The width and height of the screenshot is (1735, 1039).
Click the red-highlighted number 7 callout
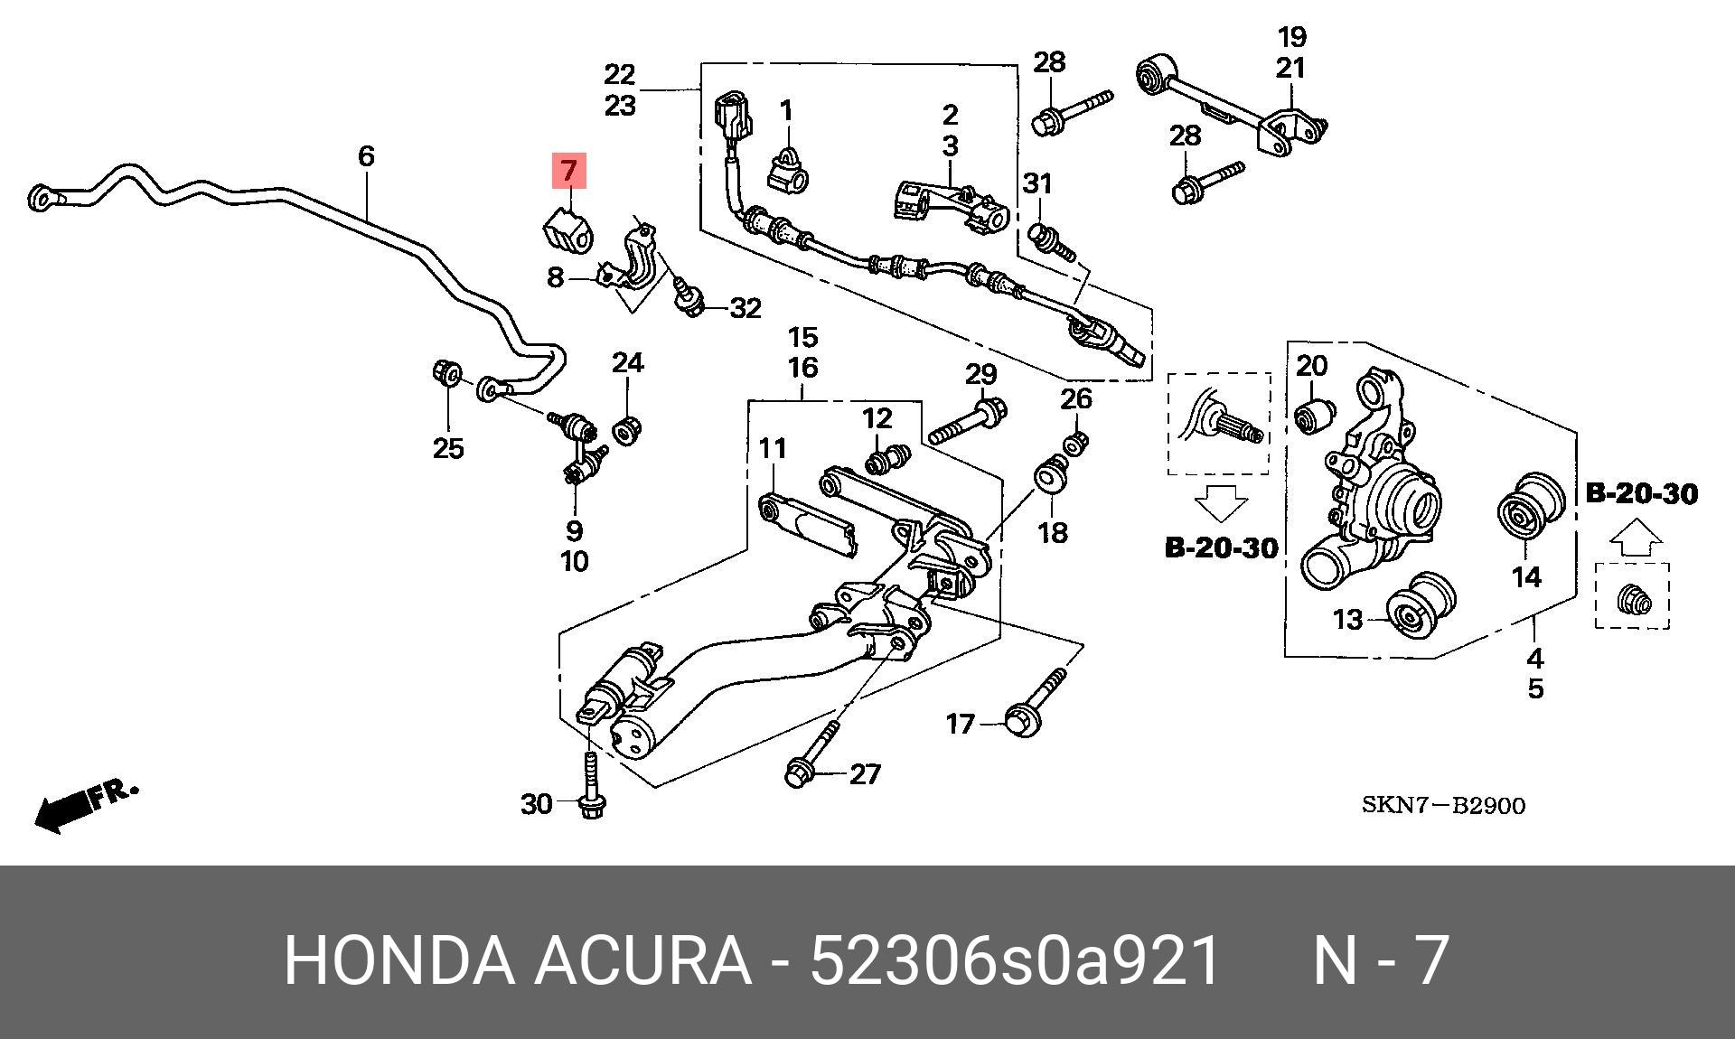coord(569,171)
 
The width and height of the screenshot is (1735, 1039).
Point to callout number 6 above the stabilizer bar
coord(365,156)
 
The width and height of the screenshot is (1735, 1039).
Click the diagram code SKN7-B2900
coord(1443,805)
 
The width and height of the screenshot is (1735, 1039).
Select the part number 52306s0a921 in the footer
coord(1016,961)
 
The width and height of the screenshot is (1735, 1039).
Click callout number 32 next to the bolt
coord(745,309)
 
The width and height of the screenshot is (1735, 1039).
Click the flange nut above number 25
coord(446,372)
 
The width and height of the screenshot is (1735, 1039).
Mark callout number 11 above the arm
coord(773,448)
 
